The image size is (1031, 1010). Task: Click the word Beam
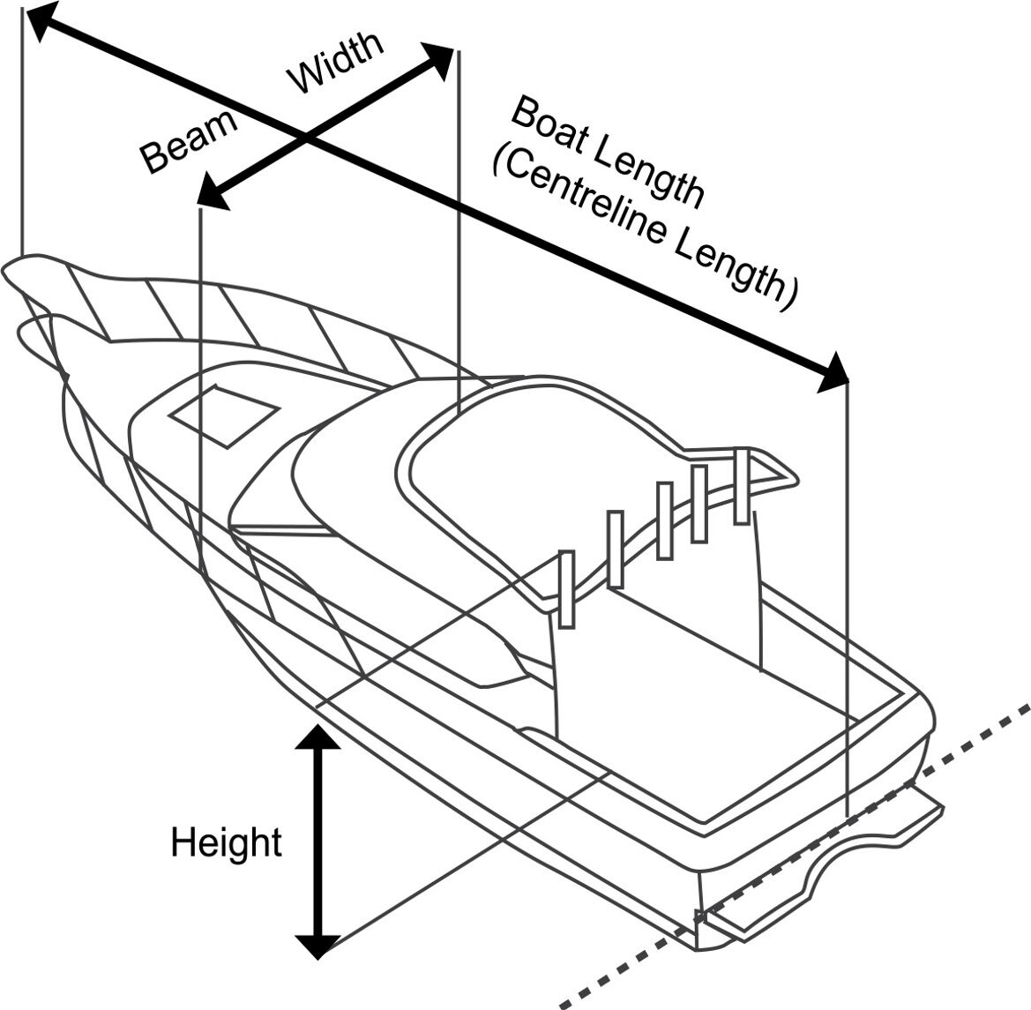(x=190, y=142)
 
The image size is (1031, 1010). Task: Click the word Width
(x=336, y=63)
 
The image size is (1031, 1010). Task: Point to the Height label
(x=226, y=842)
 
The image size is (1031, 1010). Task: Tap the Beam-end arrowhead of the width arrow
(x=213, y=192)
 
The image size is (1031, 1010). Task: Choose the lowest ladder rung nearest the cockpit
(x=567, y=589)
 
